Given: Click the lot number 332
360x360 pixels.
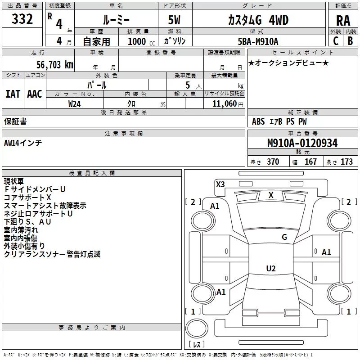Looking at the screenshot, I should point(22,19).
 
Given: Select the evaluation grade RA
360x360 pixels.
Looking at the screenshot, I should point(343,20).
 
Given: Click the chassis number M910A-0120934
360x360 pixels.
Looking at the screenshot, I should point(302,143).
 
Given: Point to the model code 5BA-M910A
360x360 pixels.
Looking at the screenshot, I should point(258,41).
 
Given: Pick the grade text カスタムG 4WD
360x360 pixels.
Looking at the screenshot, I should point(258,20).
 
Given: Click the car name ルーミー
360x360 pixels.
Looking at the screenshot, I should point(116,20).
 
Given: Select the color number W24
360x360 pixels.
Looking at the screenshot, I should point(75,103).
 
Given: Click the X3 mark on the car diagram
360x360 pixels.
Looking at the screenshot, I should point(220,184).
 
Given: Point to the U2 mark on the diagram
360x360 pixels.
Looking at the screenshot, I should point(270,269).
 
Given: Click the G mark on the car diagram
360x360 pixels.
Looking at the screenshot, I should point(284,237).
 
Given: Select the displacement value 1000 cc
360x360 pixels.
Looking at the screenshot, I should point(137,41).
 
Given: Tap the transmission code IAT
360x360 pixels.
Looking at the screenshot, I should point(13,94).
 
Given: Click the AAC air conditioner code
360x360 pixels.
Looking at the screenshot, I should point(34,94).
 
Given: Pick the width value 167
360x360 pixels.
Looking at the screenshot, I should point(310,162).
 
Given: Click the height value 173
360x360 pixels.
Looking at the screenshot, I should point(346,162).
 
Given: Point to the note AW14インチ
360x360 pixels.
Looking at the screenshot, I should point(23,143).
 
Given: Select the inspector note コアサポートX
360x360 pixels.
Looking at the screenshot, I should point(27,198).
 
